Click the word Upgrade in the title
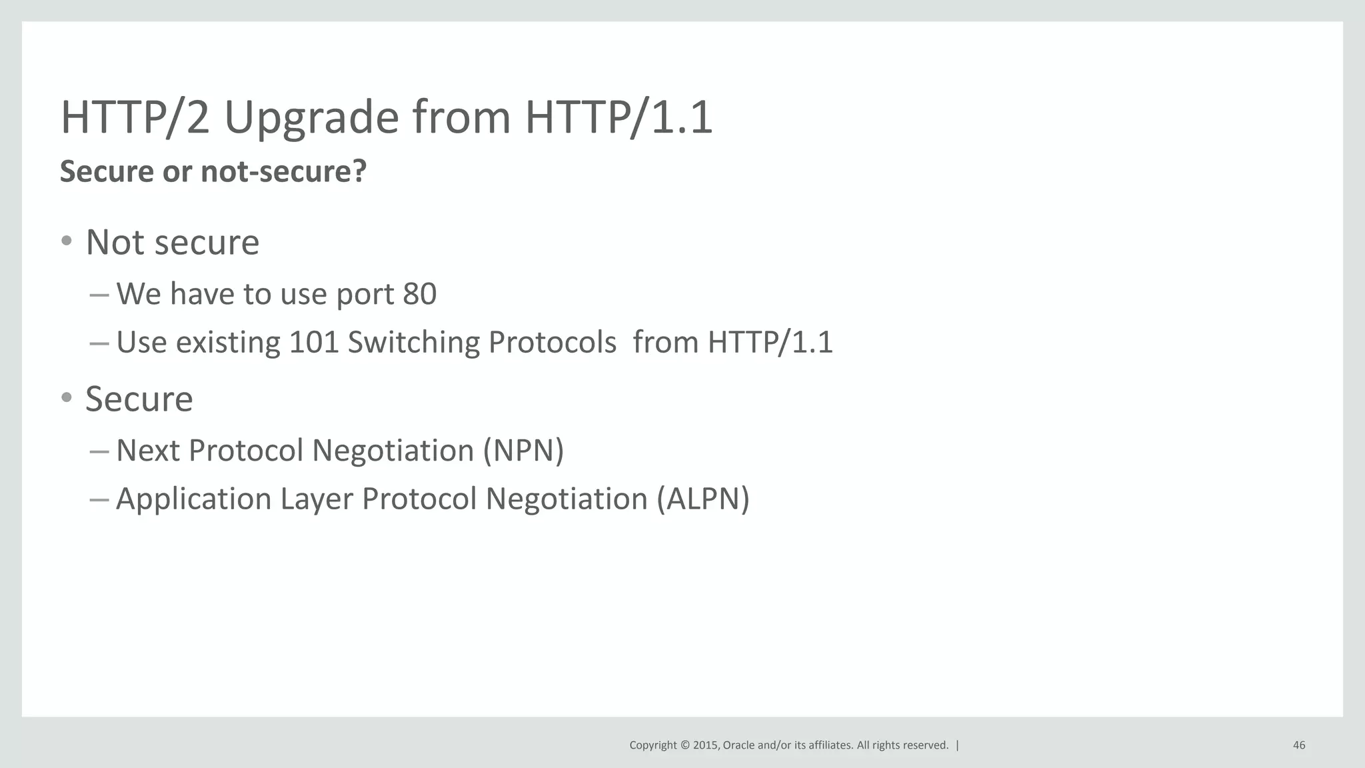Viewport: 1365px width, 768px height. (311, 118)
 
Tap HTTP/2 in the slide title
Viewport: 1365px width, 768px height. (135, 118)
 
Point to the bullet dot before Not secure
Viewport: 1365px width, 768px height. (66, 241)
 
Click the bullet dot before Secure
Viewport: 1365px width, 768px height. (66, 398)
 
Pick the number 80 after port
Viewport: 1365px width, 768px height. (419, 294)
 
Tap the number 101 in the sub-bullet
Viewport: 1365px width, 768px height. (314, 343)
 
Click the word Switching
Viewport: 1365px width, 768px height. (413, 343)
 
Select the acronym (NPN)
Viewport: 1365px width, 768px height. (523, 451)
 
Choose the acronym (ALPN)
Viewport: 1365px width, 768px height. (702, 499)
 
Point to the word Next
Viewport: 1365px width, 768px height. (148, 451)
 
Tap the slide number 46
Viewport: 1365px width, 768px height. (1298, 745)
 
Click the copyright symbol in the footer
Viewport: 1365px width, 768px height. (684, 745)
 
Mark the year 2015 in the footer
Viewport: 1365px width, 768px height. (705, 745)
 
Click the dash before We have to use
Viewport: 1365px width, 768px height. (99, 295)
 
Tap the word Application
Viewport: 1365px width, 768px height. (193, 499)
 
